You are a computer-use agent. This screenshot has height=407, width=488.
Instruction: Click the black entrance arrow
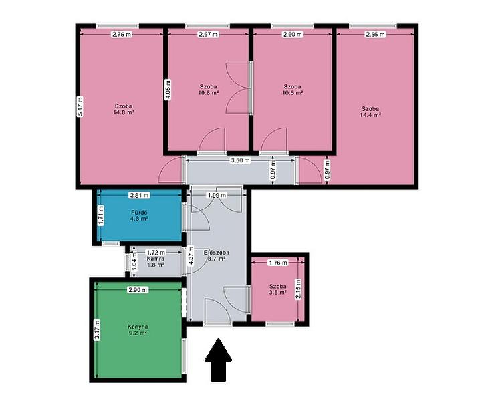tap(218, 360)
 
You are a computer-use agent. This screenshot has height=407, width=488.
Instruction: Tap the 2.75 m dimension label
tap(122, 35)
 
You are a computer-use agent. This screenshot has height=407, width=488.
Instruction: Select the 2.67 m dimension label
tap(208, 35)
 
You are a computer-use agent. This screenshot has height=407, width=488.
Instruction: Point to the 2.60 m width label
tap(293, 35)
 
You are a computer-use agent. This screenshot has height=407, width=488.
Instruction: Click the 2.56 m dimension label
tap(376, 35)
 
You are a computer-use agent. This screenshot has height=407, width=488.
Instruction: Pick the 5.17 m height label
tap(81, 106)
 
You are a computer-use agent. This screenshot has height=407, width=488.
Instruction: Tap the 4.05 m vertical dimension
tap(168, 90)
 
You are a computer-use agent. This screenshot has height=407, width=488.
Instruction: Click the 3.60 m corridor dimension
tap(240, 160)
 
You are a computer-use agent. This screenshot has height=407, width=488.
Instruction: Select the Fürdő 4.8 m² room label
tap(139, 215)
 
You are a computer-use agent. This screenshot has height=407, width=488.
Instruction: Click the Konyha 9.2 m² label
tap(138, 330)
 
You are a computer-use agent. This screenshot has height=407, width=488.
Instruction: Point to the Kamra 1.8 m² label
tap(156, 262)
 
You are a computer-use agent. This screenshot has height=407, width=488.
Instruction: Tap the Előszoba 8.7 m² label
tap(217, 255)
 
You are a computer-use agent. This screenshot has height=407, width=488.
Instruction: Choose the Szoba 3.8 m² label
tap(278, 289)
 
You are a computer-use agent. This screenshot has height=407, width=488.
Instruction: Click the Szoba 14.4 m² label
tap(370, 112)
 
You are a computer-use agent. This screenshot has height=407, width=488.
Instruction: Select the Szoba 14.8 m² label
tap(124, 109)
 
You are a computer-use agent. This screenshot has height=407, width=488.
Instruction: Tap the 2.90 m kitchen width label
tap(138, 290)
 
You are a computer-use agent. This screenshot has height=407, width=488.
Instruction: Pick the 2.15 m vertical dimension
tap(298, 289)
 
